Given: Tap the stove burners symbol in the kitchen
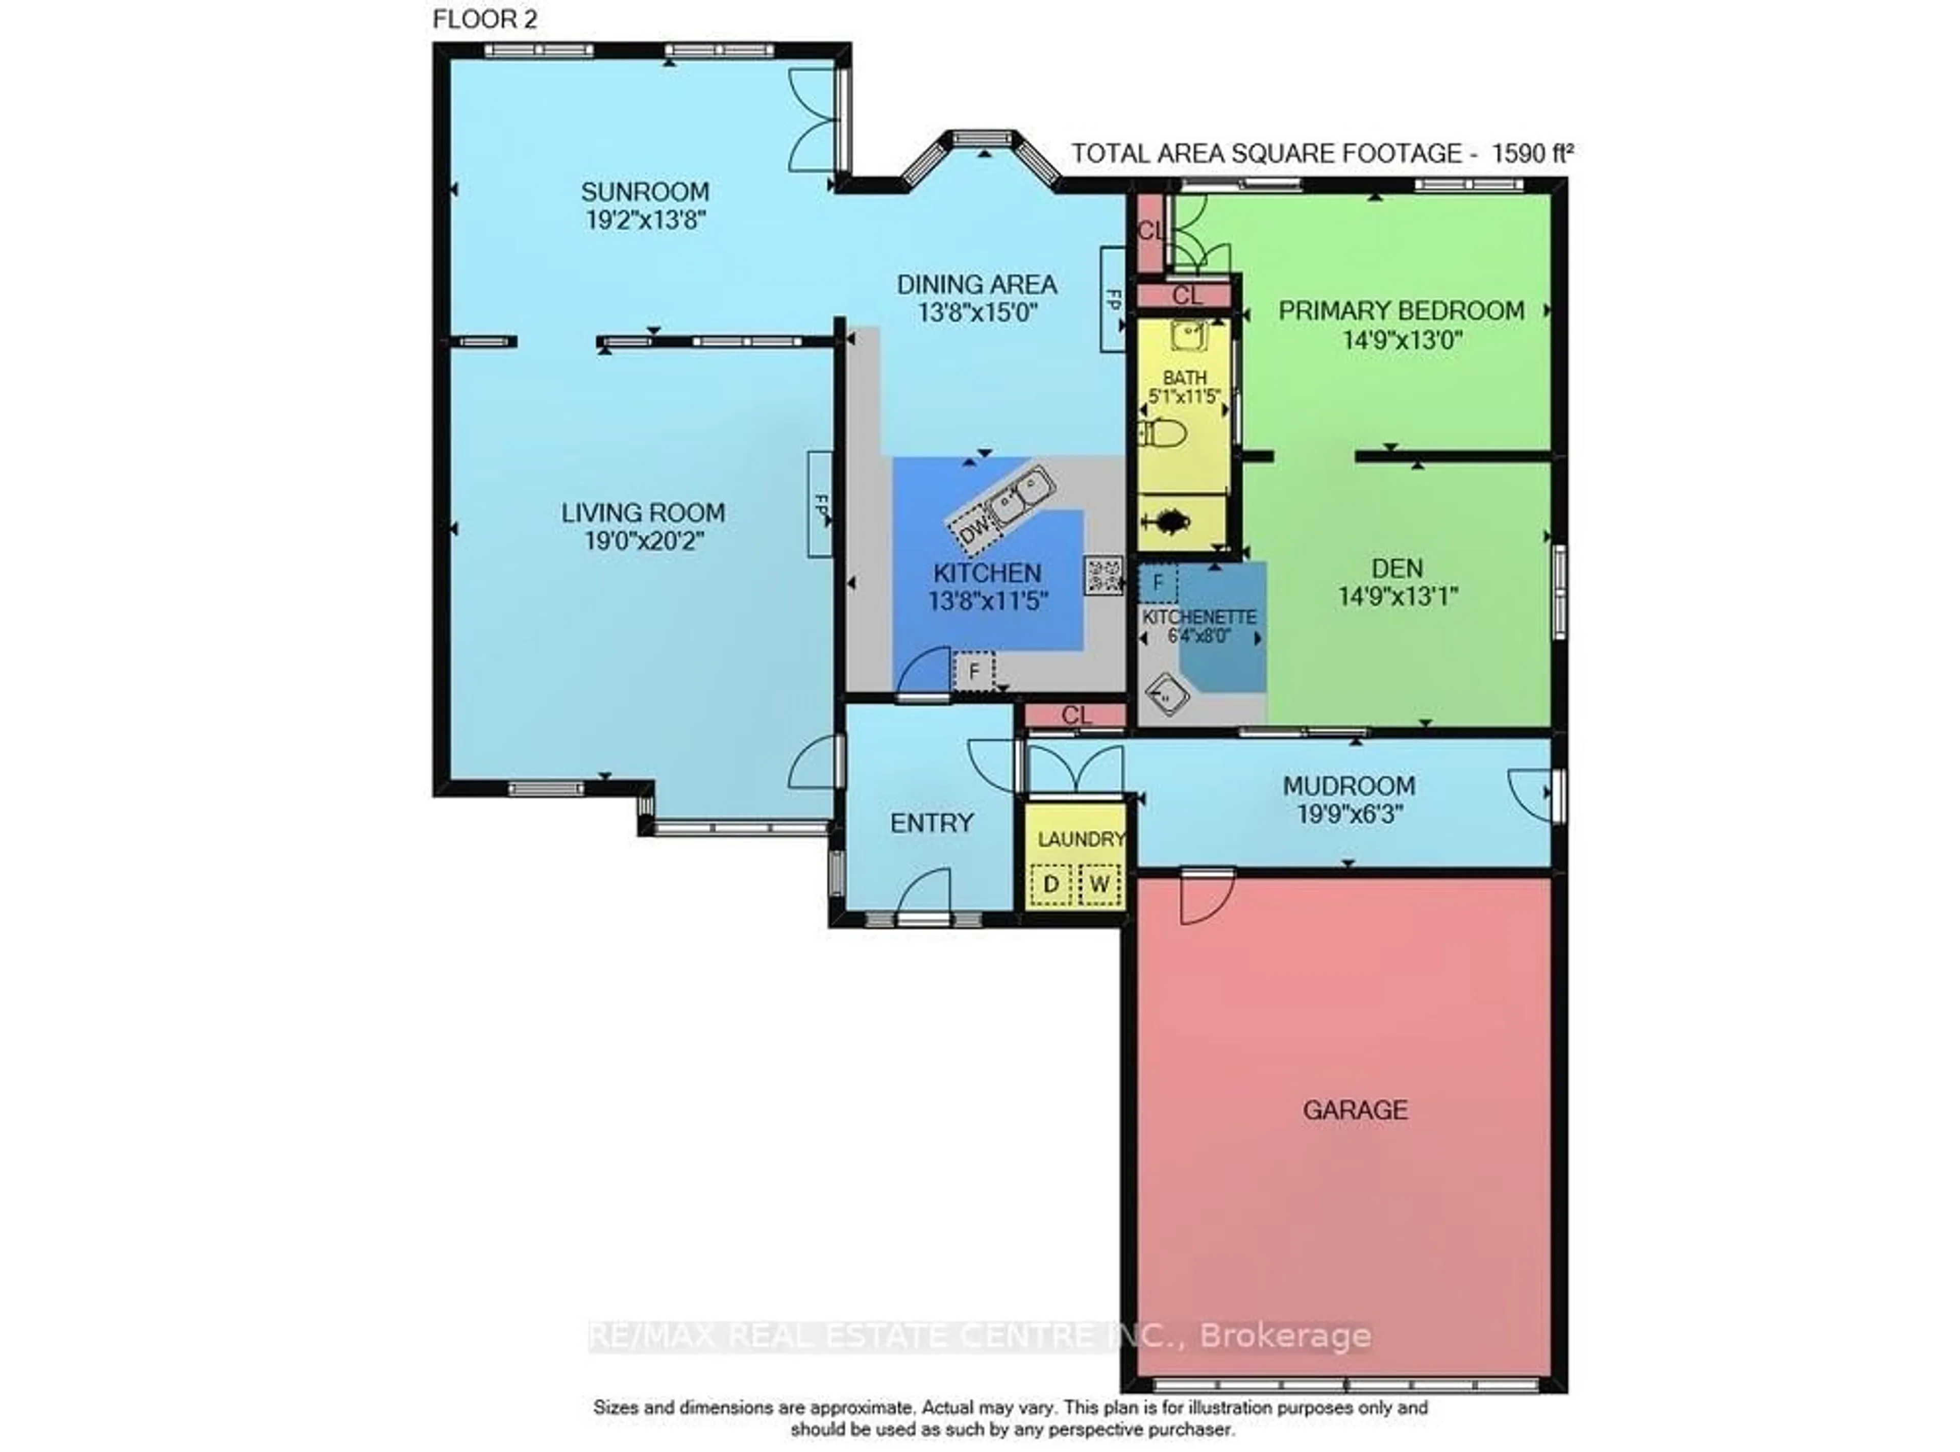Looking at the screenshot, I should tap(1103, 576).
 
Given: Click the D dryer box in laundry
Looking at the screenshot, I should tap(1050, 884).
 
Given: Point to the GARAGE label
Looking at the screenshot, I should tap(1355, 1110).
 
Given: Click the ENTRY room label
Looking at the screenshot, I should tap(932, 824).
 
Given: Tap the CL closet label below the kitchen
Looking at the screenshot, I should tap(1076, 716).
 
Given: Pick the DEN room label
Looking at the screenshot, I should tap(1396, 569).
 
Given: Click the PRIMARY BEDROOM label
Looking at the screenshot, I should tap(1401, 310).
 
